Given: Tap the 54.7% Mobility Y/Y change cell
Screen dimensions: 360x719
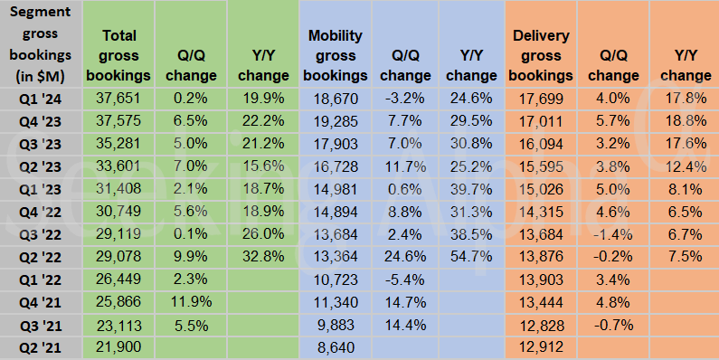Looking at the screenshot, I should [x=471, y=257].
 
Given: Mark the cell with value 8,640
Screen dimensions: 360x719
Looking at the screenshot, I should [x=338, y=347].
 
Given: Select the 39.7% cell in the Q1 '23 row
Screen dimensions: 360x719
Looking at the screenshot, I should [x=471, y=189].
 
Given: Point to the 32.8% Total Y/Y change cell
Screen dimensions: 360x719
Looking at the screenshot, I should [x=262, y=257].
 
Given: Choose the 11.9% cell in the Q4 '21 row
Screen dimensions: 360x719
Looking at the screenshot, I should [x=190, y=302].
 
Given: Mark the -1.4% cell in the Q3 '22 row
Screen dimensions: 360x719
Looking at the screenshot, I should [x=613, y=234].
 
